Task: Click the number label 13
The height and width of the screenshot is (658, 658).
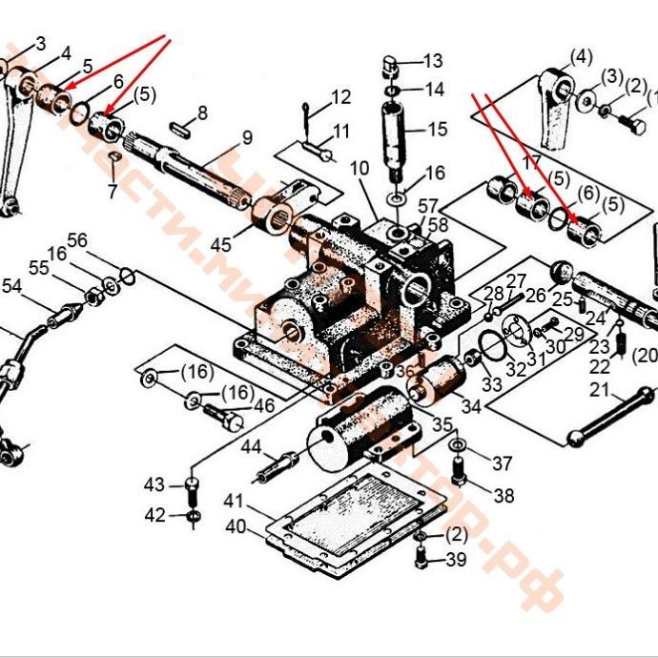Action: (432, 61)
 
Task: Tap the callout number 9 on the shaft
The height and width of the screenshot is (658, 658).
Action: (247, 137)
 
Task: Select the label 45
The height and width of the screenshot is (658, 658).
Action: (220, 245)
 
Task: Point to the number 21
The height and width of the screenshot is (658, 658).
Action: (599, 389)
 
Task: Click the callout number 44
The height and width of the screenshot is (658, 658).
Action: (251, 446)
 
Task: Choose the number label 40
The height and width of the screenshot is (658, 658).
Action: (235, 525)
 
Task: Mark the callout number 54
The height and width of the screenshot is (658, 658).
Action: (11, 285)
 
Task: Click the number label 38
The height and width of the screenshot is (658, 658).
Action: (504, 495)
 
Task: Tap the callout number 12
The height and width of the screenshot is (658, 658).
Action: (341, 96)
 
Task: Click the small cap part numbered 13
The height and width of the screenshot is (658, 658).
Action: (389, 66)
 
